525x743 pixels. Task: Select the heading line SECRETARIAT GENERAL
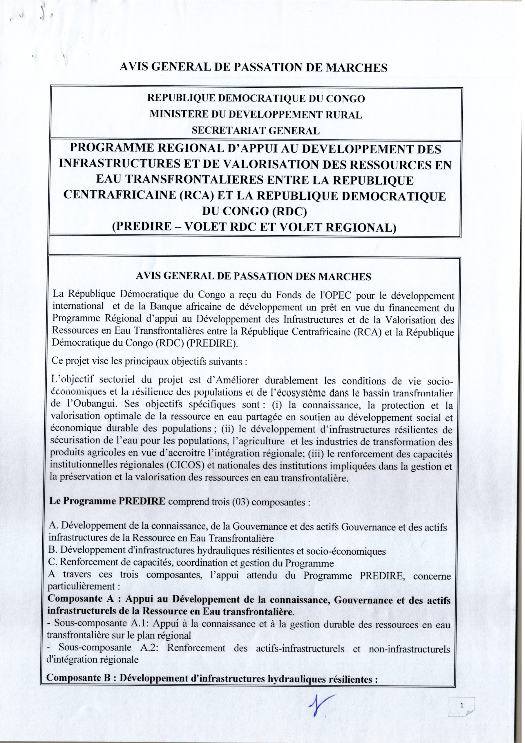(256, 130)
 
